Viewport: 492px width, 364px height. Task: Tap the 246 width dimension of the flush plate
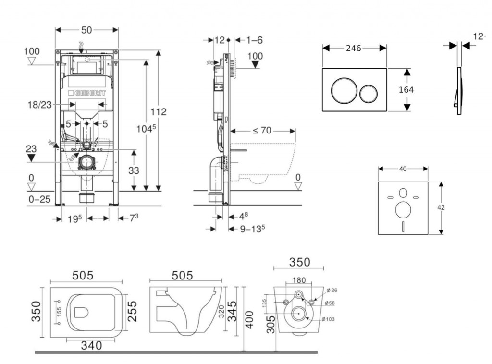(x=354, y=48)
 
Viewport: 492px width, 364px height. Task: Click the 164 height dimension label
(x=406, y=90)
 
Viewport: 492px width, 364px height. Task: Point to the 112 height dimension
(x=158, y=112)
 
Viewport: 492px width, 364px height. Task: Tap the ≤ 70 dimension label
(x=262, y=130)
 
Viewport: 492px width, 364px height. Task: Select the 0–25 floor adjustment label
(x=39, y=199)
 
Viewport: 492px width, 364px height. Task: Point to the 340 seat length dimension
(x=91, y=345)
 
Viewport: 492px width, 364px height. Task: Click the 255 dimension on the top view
(x=133, y=312)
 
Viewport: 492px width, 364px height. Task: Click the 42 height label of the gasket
(x=441, y=208)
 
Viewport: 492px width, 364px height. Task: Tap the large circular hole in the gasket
(x=403, y=210)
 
